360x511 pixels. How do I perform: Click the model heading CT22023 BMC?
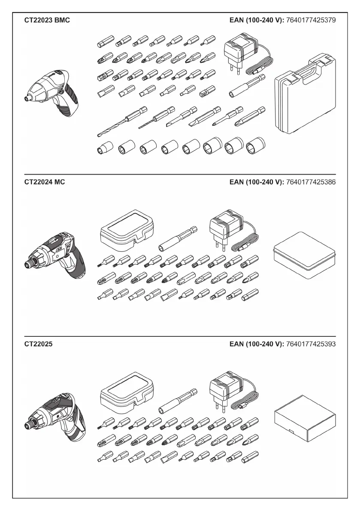[47, 20]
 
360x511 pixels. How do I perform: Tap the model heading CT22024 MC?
[45, 182]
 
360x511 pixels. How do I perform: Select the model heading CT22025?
[39, 344]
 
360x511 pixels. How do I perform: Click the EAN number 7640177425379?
[311, 20]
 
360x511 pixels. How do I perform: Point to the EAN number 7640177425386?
[311, 182]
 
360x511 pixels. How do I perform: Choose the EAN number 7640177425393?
[311, 344]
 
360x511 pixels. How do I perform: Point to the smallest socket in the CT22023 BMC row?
[103, 149]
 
